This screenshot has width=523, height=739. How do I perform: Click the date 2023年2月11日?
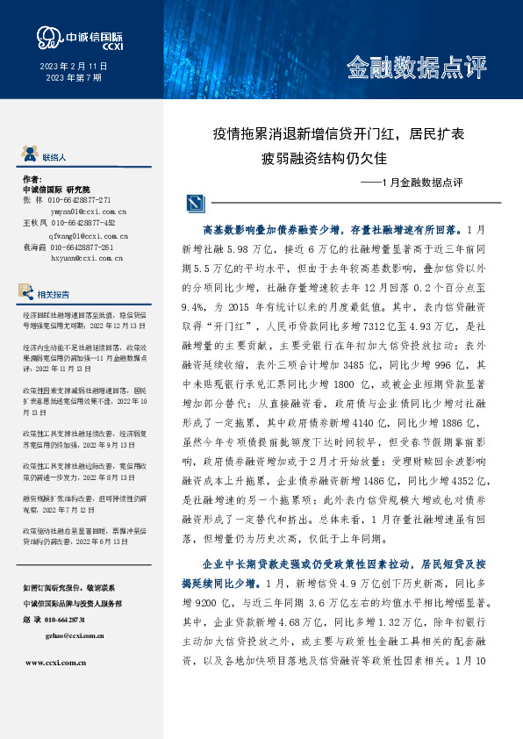73,68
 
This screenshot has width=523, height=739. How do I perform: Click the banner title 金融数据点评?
416,68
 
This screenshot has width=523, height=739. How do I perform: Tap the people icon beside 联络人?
29,156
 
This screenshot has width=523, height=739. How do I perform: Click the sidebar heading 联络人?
54,157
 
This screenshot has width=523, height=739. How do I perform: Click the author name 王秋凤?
34,223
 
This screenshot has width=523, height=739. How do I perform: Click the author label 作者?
32,177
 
